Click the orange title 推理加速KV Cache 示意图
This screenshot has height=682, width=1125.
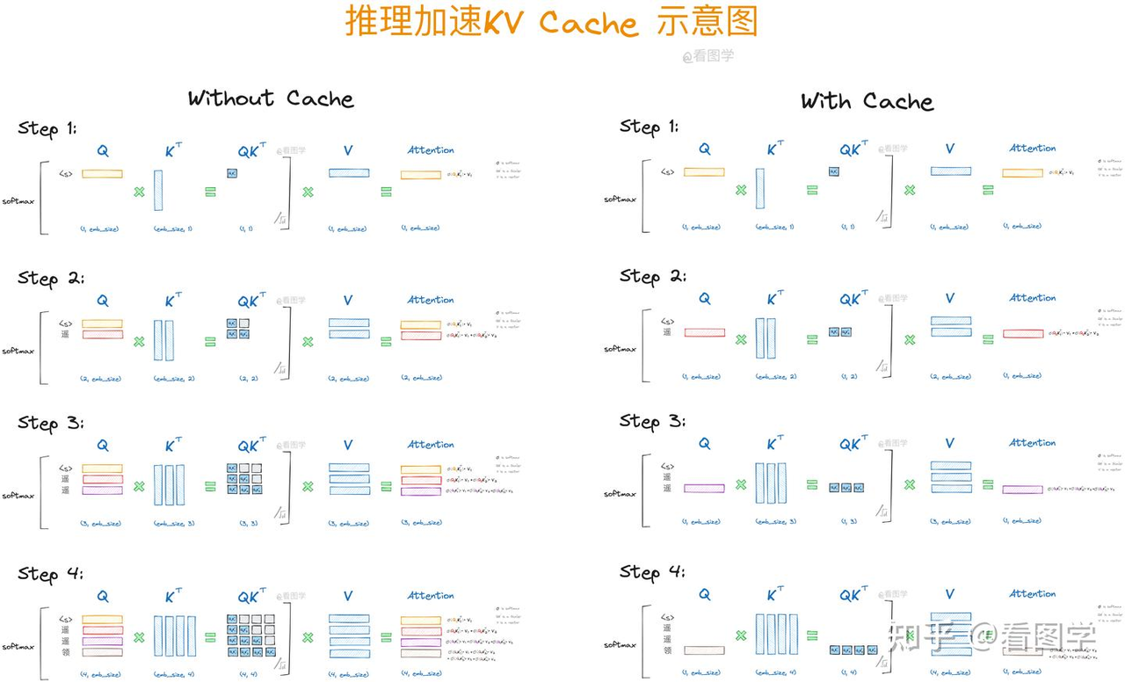pyautogui.click(x=551, y=22)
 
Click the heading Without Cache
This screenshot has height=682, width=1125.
pyautogui.click(x=271, y=98)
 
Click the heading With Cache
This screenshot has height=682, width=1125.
pyautogui.click(x=867, y=102)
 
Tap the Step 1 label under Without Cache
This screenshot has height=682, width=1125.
pyautogui.click(x=47, y=129)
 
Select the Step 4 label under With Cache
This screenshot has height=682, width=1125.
pyautogui.click(x=652, y=572)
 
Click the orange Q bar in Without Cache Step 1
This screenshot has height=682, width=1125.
pyautogui.click(x=102, y=174)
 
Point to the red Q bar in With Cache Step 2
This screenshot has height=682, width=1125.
pyautogui.click(x=704, y=333)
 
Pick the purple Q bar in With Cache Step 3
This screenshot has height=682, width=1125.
pyautogui.click(x=704, y=488)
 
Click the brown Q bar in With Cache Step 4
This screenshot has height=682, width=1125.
pyautogui.click(x=704, y=650)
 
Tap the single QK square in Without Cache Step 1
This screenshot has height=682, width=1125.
pyautogui.click(x=232, y=174)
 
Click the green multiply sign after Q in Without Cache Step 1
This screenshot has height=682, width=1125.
pyautogui.click(x=139, y=191)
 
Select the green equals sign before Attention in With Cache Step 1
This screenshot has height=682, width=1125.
pyautogui.click(x=988, y=189)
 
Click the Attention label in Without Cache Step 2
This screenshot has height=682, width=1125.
pyautogui.click(x=431, y=300)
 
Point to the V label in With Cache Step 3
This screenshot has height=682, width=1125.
pyautogui.click(x=950, y=444)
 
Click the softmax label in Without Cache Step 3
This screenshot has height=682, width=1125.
pyautogui.click(x=18, y=496)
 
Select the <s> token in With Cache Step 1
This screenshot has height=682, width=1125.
pyautogui.click(x=667, y=172)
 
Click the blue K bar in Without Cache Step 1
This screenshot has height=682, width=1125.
pyautogui.click(x=158, y=190)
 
